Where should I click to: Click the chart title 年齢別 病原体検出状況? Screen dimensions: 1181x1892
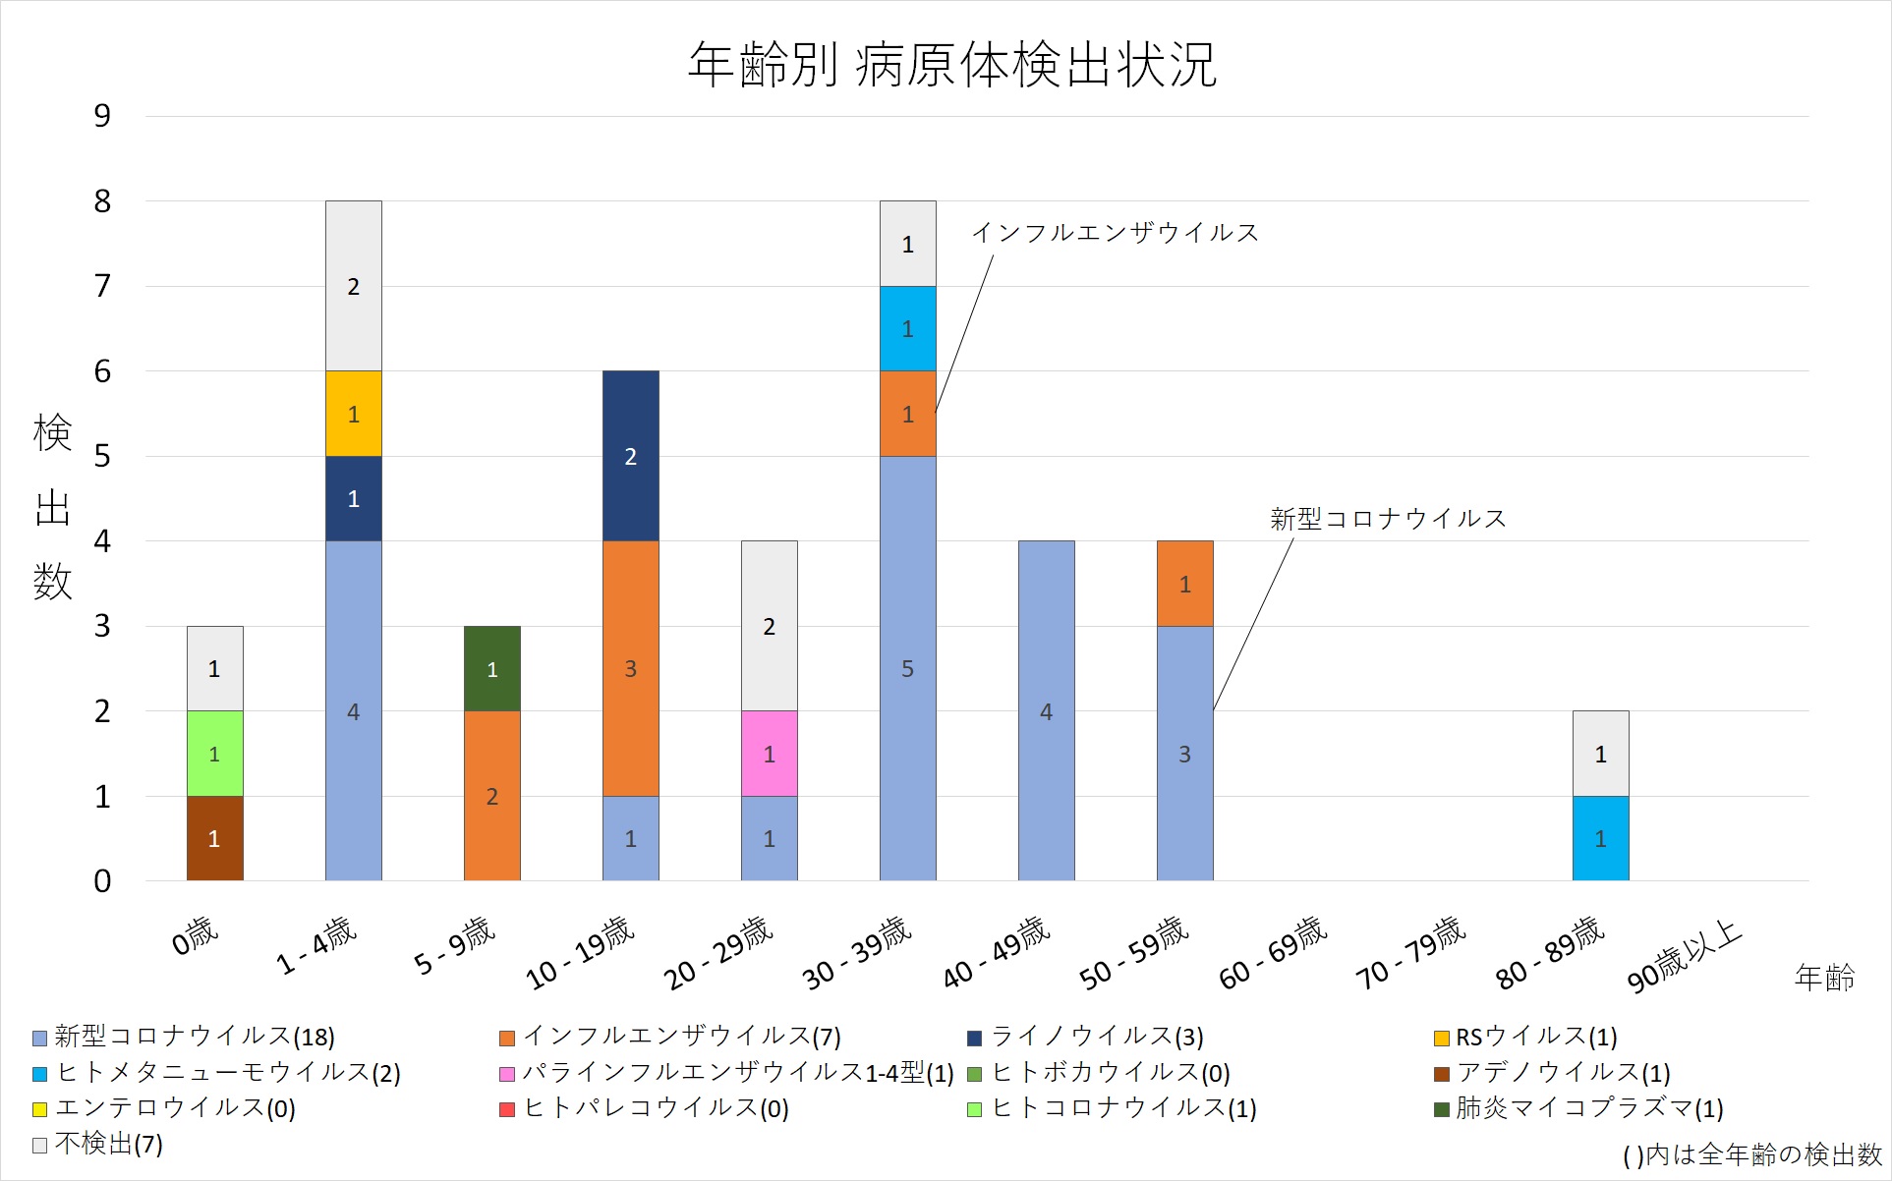pyautogui.click(x=951, y=65)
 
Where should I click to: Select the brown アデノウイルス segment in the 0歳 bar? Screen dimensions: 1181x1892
pyautogui.click(x=214, y=838)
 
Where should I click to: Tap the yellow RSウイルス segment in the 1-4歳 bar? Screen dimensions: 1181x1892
pyautogui.click(x=353, y=414)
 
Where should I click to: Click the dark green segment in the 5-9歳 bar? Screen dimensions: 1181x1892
pyautogui.click(x=491, y=668)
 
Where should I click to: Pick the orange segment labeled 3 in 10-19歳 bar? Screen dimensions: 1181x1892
pyautogui.click(x=630, y=668)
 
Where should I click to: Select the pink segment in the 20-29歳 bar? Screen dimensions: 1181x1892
pyautogui.click(x=769, y=754)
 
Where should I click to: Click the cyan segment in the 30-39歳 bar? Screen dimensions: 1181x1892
pyautogui.click(x=907, y=328)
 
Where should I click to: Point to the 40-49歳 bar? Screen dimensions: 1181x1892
pyautogui.click(x=1046, y=710)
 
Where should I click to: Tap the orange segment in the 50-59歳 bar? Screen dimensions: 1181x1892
pyautogui.click(x=1184, y=584)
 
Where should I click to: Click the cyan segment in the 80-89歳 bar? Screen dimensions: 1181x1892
pyautogui.click(x=1600, y=838)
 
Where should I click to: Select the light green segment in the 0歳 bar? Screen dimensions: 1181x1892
pyautogui.click(x=214, y=754)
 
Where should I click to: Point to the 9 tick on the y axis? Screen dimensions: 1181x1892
pyautogui.click(x=102, y=116)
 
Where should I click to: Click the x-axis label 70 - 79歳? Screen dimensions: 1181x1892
pyautogui.click(x=1411, y=953)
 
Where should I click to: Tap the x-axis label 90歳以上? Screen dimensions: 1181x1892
pyautogui.click(x=1685, y=956)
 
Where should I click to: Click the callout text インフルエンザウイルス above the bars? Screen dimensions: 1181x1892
pyautogui.click(x=1115, y=233)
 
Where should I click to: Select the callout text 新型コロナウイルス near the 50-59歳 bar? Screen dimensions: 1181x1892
pyautogui.click(x=1388, y=519)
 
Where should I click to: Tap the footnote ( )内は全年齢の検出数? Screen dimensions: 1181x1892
pyautogui.click(x=1751, y=1155)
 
